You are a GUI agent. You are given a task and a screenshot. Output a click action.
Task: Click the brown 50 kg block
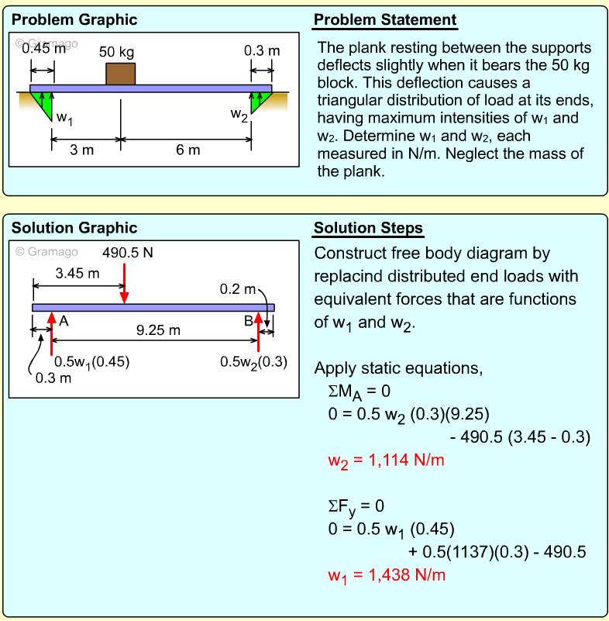pos(120,74)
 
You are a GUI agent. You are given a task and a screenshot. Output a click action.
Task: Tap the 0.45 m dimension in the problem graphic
pos(43,49)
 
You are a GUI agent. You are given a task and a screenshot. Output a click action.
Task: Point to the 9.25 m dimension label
pos(158,330)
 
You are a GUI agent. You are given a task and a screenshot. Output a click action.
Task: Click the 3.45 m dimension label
pos(77,273)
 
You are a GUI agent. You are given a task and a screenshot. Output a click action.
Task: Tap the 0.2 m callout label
pos(237,289)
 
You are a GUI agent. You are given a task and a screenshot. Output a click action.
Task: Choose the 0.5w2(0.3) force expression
pos(253,361)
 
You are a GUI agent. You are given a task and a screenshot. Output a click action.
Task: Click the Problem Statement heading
pos(385,20)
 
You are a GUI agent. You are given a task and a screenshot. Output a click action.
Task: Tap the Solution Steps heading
pos(368,228)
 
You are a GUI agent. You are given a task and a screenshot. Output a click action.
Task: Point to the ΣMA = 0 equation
pos(359,391)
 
